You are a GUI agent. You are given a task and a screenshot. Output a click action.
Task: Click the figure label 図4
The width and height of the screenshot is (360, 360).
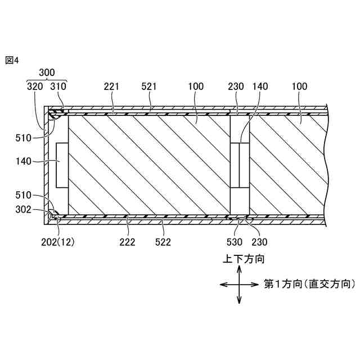[12, 60]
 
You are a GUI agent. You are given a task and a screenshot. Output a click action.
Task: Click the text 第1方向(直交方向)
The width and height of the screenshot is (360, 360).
[309, 284]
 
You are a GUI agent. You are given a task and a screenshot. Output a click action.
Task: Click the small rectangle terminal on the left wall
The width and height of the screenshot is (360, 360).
[62, 164]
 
